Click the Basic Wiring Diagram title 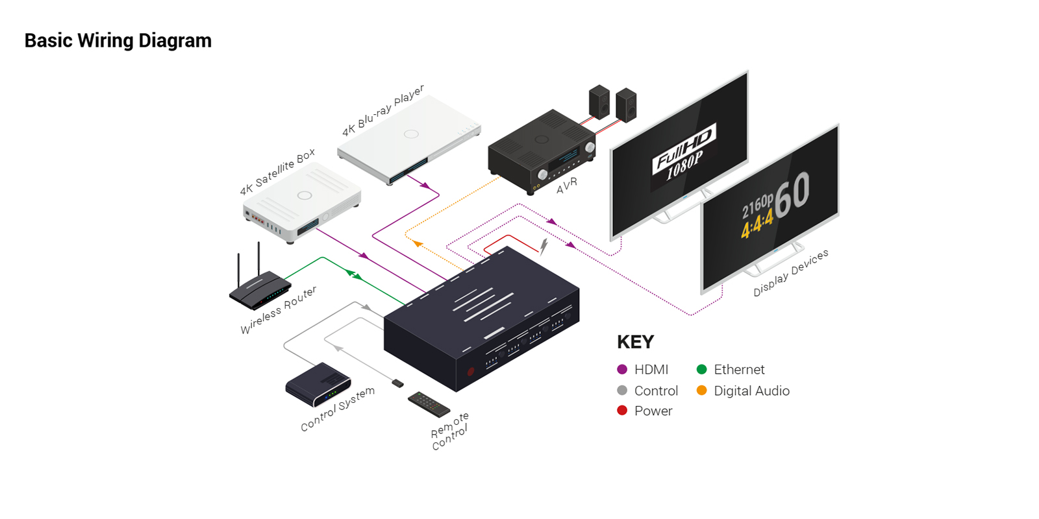(118, 41)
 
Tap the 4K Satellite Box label (277, 171)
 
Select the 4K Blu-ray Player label (383, 111)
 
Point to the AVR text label (567, 186)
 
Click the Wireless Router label (279, 309)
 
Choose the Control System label (337, 409)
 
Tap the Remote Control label (449, 431)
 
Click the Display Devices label (791, 273)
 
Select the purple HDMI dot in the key (622, 369)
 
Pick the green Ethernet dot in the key (701, 369)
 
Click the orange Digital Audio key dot (701, 390)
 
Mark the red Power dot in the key (622, 410)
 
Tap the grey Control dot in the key (622, 390)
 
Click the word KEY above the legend (636, 342)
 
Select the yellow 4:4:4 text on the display (757, 223)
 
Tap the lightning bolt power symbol (544, 247)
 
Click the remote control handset (429, 404)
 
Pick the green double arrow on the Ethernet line (355, 275)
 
